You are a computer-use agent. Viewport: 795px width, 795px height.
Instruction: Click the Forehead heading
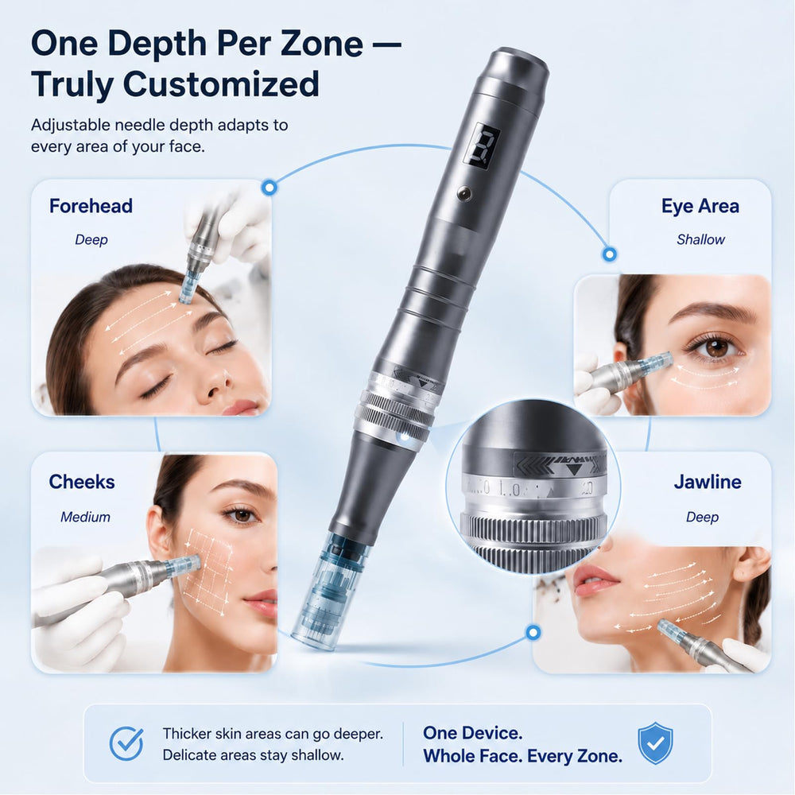91,207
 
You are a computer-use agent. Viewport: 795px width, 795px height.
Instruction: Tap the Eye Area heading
700,207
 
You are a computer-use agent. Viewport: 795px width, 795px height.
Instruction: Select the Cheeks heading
82,482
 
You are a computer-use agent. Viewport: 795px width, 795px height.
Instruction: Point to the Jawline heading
708,482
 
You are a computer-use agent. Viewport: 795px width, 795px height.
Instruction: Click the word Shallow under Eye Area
700,239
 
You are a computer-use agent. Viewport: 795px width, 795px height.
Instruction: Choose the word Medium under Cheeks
85,517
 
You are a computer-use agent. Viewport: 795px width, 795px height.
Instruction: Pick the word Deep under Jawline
702,518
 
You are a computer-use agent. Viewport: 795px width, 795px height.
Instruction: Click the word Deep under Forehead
91,240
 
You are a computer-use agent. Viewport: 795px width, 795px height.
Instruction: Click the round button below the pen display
463,193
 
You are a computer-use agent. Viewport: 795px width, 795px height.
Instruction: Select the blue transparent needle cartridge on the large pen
330,591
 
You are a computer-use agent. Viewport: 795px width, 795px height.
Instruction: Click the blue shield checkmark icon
655,743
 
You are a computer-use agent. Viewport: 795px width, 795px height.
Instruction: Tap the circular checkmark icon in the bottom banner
126,743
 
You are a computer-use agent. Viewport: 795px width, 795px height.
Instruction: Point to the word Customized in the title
221,85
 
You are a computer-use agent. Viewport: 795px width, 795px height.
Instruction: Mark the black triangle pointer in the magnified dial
573,469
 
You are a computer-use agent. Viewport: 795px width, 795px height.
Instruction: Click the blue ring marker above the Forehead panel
270,188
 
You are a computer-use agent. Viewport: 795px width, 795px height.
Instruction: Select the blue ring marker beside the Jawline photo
533,632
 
